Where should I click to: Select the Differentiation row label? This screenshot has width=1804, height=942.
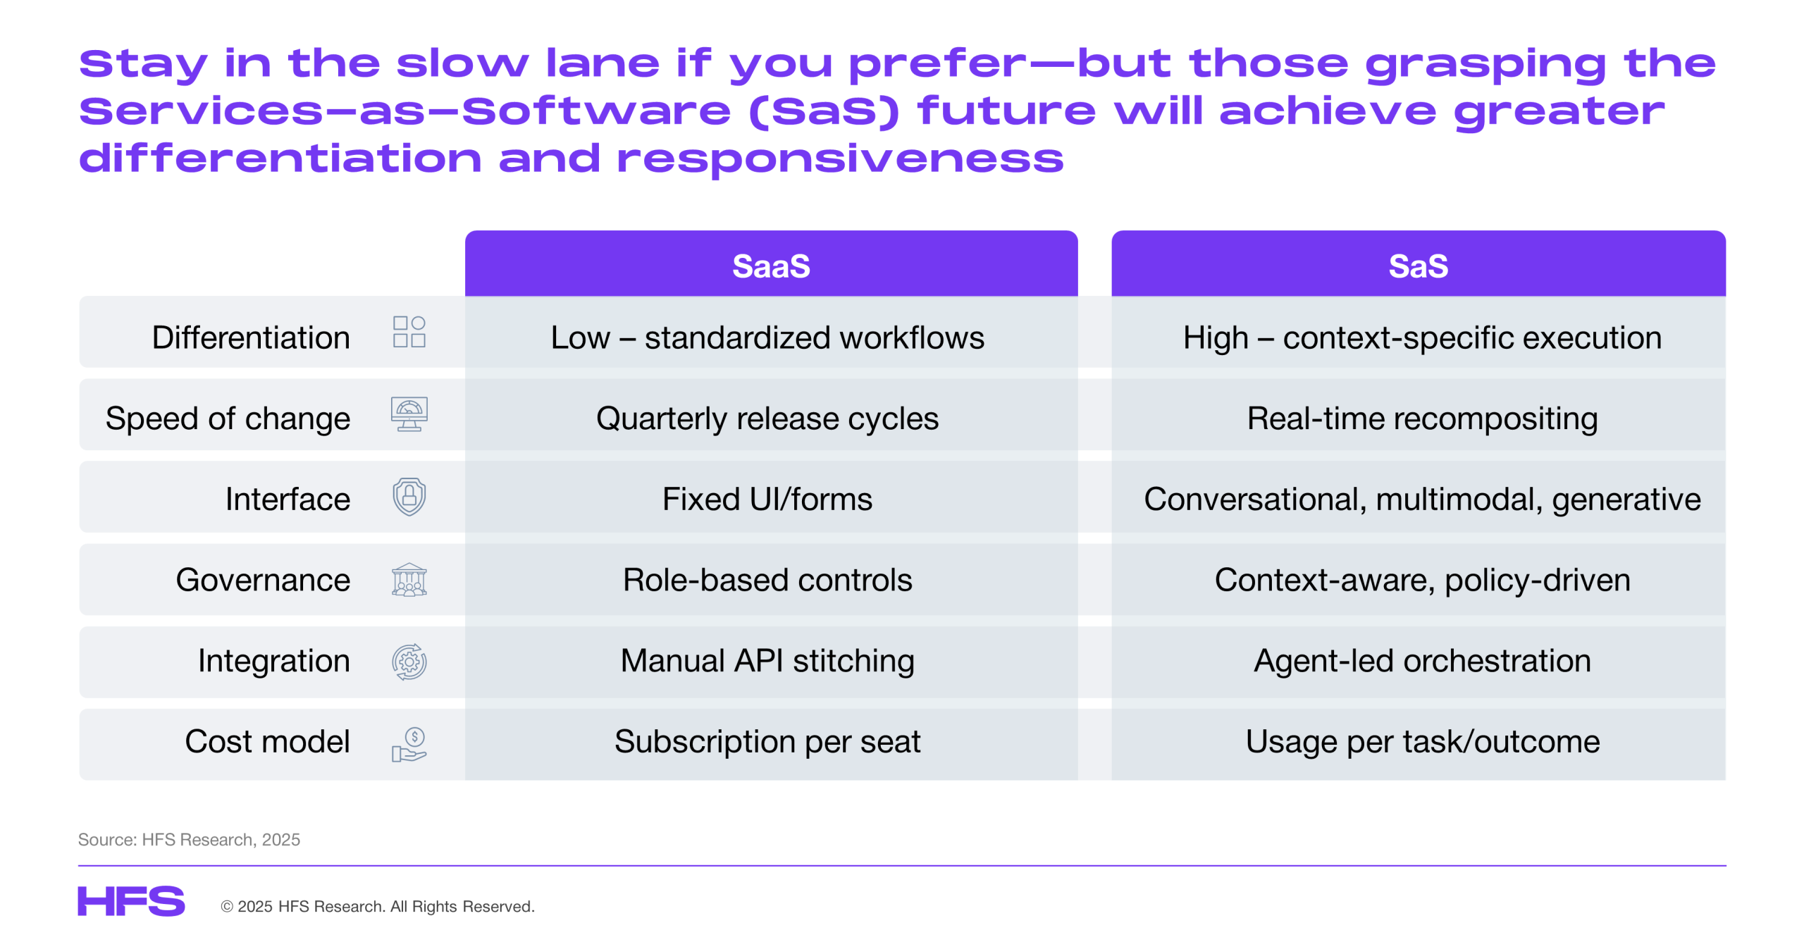251,337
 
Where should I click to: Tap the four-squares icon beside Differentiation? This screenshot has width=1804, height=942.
409,331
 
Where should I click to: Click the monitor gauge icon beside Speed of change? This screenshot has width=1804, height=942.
409,414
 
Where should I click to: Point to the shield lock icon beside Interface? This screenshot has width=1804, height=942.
409,497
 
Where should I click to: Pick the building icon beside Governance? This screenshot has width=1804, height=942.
409,580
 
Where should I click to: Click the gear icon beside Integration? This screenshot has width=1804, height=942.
409,662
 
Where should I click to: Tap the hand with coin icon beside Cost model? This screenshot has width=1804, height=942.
409,744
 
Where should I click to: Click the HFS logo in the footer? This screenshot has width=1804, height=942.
131,901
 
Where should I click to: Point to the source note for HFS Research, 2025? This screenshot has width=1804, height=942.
189,839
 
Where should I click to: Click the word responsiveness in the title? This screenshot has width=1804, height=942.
840,159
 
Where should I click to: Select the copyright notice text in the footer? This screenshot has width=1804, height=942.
378,906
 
